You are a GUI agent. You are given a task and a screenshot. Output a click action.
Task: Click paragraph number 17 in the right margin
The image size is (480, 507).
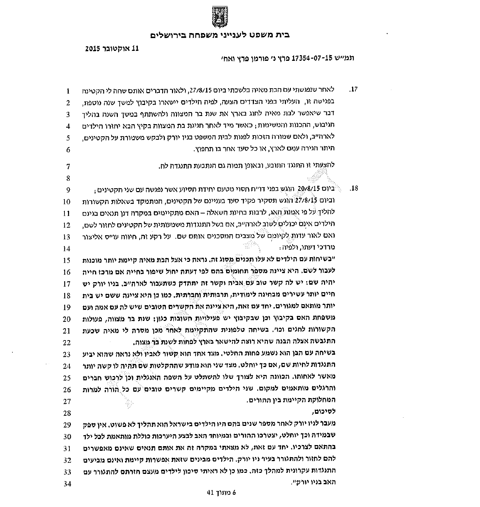click(x=354, y=89)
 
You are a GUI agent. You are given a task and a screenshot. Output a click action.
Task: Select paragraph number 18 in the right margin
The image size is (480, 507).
click(x=354, y=188)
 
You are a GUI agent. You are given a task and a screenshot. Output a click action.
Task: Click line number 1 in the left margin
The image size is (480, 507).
click(x=67, y=91)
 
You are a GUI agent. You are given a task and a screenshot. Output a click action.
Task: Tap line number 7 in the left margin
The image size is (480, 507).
click(x=67, y=166)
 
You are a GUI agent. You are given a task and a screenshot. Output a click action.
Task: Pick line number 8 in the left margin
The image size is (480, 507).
click(x=67, y=178)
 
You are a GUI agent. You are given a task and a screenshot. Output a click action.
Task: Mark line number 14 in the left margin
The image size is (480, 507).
click(x=67, y=248)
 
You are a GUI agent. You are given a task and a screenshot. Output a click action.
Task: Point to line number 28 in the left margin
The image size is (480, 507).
click(x=67, y=413)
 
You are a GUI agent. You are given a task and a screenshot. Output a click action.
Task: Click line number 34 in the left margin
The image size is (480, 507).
click(x=67, y=484)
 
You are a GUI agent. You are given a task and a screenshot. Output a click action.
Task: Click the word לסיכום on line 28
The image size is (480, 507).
click(x=327, y=412)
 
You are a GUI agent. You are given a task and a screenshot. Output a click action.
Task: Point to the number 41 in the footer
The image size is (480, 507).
click(x=210, y=493)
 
